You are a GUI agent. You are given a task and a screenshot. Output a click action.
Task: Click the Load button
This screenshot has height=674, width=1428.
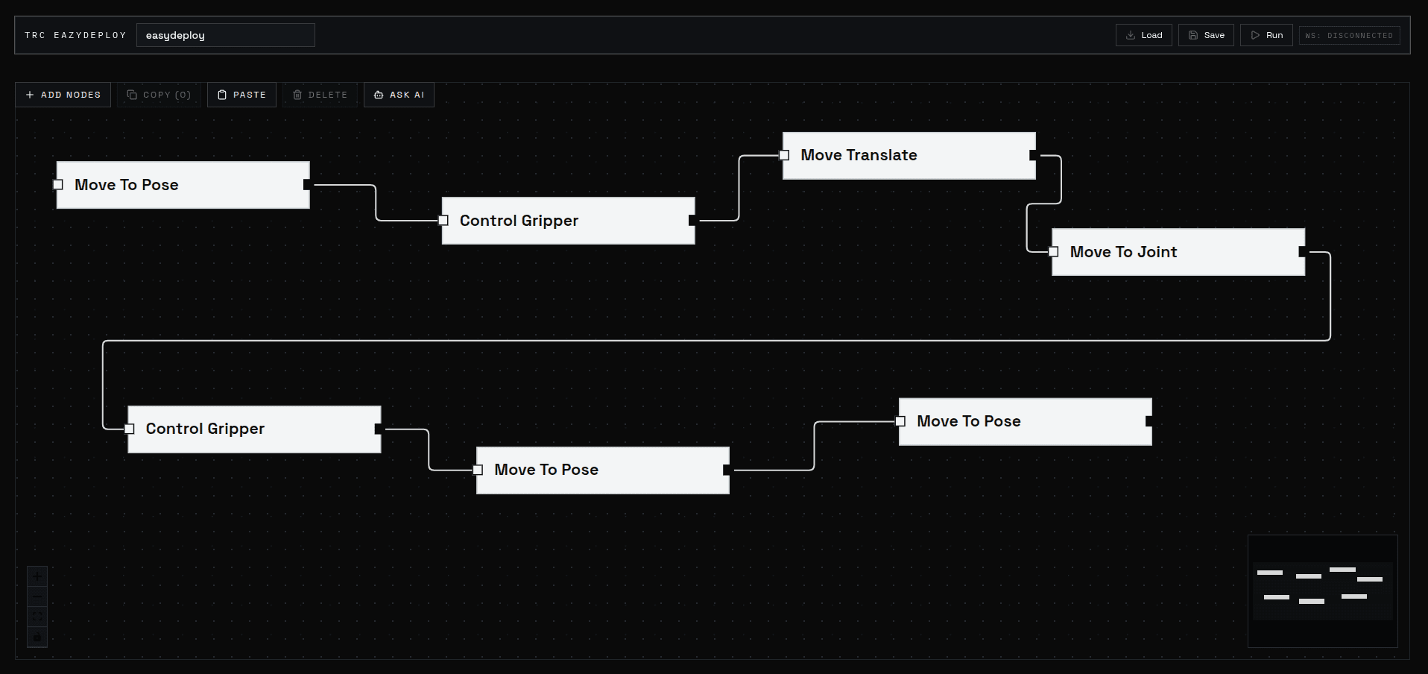[1143, 35]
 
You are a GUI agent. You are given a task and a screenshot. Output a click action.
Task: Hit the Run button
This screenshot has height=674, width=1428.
[1266, 35]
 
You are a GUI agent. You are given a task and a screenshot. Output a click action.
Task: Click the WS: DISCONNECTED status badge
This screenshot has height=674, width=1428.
[1349, 35]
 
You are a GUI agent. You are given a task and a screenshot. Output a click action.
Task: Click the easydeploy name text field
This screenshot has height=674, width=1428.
[225, 35]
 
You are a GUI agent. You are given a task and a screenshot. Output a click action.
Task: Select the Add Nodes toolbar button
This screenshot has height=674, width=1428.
[63, 95]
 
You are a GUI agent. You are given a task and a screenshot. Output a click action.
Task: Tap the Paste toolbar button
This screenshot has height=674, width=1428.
[241, 95]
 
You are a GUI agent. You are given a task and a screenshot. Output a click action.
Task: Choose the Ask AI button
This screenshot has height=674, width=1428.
[399, 95]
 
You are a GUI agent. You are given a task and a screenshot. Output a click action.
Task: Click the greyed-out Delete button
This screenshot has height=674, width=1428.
[320, 95]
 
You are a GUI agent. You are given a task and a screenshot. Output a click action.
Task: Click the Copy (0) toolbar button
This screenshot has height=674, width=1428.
[159, 95]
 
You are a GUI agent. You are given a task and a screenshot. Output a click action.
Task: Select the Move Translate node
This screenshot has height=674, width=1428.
[909, 155]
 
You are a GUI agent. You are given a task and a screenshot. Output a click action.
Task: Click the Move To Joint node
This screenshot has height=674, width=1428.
[1178, 252]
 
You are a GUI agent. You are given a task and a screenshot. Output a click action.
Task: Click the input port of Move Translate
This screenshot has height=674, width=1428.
[784, 155]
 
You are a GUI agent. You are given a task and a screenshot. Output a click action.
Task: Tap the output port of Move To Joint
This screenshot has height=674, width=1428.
[1302, 252]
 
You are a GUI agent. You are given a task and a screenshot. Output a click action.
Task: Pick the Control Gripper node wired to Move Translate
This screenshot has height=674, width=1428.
[568, 221]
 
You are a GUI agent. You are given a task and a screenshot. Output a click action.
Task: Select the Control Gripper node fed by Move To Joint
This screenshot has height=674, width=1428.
[254, 429]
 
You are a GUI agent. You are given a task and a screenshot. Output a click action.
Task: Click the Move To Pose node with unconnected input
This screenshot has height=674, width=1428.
[183, 185]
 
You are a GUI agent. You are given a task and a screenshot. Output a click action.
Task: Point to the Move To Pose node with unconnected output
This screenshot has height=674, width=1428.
[1025, 421]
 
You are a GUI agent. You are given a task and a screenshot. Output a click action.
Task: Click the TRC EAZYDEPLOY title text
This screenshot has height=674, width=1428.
[75, 35]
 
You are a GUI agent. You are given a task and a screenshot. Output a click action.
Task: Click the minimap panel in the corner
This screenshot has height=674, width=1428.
[1322, 590]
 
